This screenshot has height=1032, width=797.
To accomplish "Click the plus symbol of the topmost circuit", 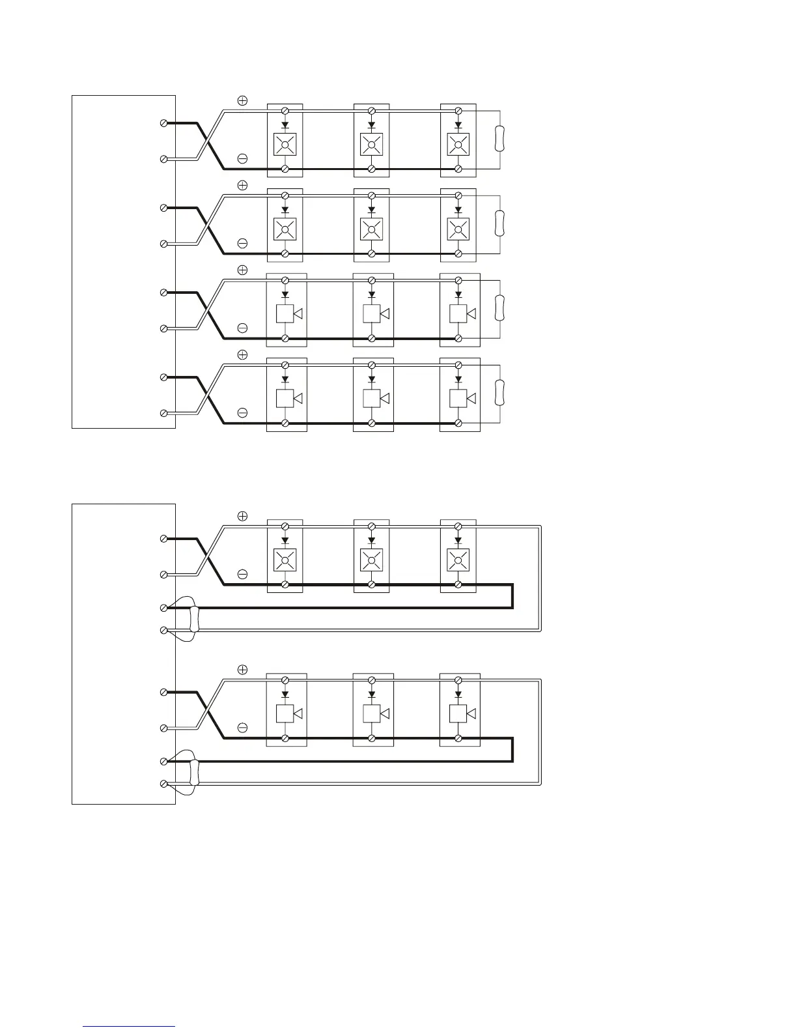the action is click(242, 100).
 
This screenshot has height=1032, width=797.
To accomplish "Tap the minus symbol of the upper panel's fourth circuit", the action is click(242, 412).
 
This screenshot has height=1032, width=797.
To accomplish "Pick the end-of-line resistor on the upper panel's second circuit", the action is click(499, 223).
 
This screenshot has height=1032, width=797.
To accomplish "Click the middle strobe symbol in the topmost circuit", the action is click(371, 144).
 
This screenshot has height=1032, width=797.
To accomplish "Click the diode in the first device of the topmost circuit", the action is click(285, 125).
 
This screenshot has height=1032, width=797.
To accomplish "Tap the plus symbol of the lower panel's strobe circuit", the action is click(242, 516).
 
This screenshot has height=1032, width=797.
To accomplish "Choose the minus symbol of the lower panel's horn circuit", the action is click(242, 727).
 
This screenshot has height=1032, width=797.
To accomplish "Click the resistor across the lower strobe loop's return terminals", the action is click(193, 618).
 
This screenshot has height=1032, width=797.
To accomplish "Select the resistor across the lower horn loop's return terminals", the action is click(193, 772).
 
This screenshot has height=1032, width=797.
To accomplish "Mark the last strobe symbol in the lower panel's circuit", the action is click(458, 560).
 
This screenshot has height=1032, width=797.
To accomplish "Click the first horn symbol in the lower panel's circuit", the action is click(288, 713).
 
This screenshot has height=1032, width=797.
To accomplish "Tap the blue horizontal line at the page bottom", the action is click(129, 1026).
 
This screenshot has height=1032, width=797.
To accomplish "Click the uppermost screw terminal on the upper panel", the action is click(163, 122).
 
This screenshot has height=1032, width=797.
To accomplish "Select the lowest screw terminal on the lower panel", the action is click(163, 784).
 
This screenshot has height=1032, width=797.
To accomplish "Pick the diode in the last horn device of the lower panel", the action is click(458, 695).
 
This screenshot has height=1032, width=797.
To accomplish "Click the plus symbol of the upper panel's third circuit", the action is click(242, 270).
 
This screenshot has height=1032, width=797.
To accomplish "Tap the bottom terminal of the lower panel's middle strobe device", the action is click(371, 584).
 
